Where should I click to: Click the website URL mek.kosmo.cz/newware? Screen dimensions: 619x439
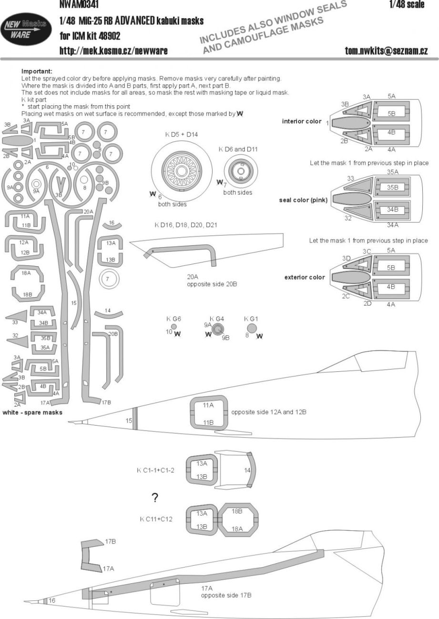click(113, 50)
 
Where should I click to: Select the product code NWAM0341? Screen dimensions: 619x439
click(77, 4)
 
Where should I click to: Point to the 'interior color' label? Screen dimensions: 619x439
click(302, 121)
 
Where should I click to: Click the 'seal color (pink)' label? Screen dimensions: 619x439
click(303, 200)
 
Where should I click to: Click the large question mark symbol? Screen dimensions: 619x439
click(155, 498)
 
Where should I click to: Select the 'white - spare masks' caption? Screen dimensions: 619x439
click(32, 412)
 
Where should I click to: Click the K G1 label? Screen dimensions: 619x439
click(251, 319)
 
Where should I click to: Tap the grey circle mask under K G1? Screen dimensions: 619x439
click(252, 329)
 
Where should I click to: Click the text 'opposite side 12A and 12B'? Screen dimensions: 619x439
click(268, 411)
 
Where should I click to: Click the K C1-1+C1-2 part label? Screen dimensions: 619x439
click(155, 470)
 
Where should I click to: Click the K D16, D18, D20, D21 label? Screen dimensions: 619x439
click(185, 224)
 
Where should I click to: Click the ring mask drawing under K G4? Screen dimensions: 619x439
click(218, 329)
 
